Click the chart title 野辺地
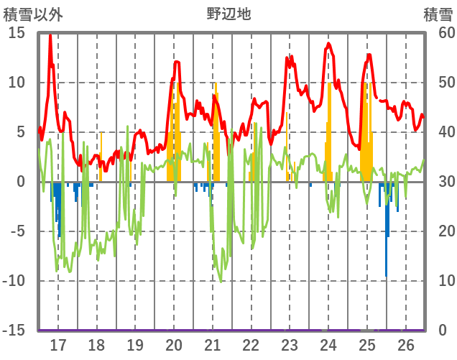(228, 14)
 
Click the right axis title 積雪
(438, 14)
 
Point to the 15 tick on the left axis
(17, 33)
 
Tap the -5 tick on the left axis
(17, 231)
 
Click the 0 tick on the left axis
(21, 182)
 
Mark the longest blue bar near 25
(387, 230)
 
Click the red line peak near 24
(328, 44)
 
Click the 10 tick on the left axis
(17, 83)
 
